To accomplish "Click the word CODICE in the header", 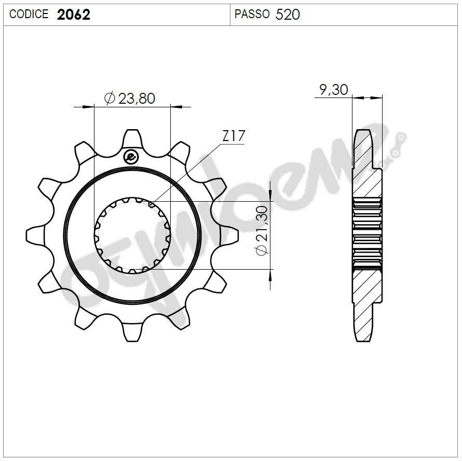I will (29, 14).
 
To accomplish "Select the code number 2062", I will (73, 15).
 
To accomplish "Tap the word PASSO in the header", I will (252, 14).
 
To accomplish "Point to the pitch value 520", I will (288, 15).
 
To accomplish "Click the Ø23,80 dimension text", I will (130, 98).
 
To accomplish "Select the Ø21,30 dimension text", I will (262, 230).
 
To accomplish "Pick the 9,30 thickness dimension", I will (333, 90).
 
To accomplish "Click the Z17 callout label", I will (233, 136).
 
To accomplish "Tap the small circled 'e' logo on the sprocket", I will (131, 156).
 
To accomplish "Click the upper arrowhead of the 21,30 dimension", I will (270, 194).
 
